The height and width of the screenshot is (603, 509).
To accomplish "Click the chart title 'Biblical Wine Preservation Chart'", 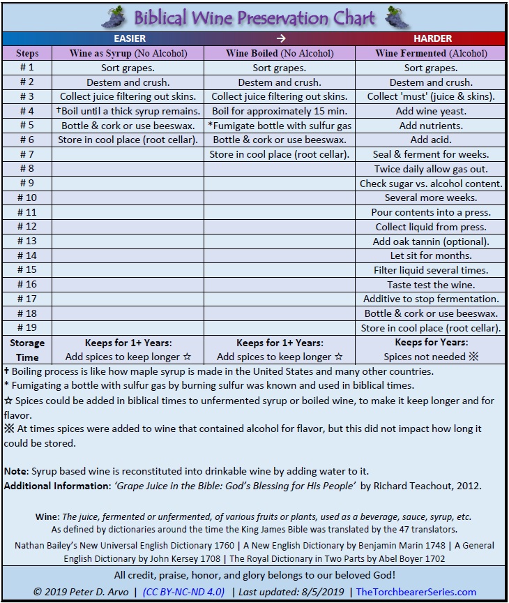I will coord(254,17).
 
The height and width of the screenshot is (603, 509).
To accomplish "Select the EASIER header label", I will coord(130,38).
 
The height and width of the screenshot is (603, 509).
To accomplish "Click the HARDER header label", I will coord(432,38).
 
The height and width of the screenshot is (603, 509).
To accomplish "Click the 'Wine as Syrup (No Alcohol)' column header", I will coord(128,53).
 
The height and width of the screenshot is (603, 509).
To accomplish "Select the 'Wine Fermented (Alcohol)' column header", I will coord(431,53).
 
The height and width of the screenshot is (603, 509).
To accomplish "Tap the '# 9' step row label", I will coord(27,184).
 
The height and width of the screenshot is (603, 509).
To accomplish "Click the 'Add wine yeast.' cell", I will coord(431,111).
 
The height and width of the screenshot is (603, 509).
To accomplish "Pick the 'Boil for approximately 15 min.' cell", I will coord(280,111).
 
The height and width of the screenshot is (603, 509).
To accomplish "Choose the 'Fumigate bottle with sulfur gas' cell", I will coord(280,126).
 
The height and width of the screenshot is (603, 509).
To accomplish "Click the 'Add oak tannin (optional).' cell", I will coord(431,241).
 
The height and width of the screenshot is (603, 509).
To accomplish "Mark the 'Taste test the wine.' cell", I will coord(431,285).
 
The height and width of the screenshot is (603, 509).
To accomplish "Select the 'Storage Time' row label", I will coord(27,350).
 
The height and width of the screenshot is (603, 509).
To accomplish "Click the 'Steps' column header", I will coord(27,53).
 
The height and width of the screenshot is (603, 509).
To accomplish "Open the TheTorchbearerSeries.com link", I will coord(416,592).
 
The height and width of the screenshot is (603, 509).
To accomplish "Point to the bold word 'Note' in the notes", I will coord(15,471).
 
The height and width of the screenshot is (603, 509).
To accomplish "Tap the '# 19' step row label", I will coord(27,328).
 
